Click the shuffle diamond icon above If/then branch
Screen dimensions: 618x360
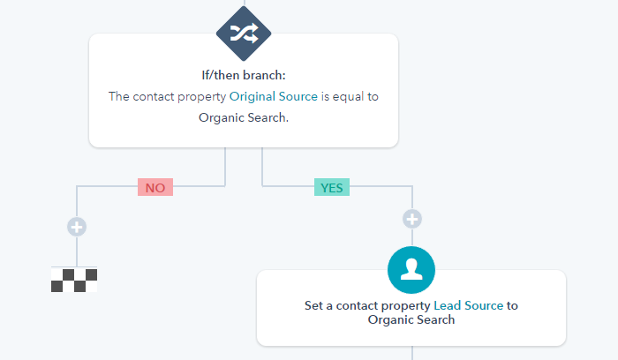coord(244,34)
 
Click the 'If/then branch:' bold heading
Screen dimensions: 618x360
coord(244,75)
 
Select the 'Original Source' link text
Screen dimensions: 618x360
coord(274,96)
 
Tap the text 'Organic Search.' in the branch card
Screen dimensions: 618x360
coord(244,117)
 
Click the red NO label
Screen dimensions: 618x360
coord(155,187)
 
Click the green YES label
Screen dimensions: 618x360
coord(332,187)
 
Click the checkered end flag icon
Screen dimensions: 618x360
coord(74,280)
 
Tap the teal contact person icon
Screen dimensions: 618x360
coord(411,270)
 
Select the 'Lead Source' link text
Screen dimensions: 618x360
coord(469,305)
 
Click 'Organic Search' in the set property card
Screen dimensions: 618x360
coord(411,319)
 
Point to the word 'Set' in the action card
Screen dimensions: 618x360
coord(313,305)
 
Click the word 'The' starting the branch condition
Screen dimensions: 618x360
coord(119,96)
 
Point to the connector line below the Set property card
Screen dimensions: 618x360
coord(412,353)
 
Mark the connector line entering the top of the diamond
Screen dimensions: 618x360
coord(245,4)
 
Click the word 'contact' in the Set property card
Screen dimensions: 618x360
coord(357,306)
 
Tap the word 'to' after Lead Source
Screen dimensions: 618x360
coord(512,306)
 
